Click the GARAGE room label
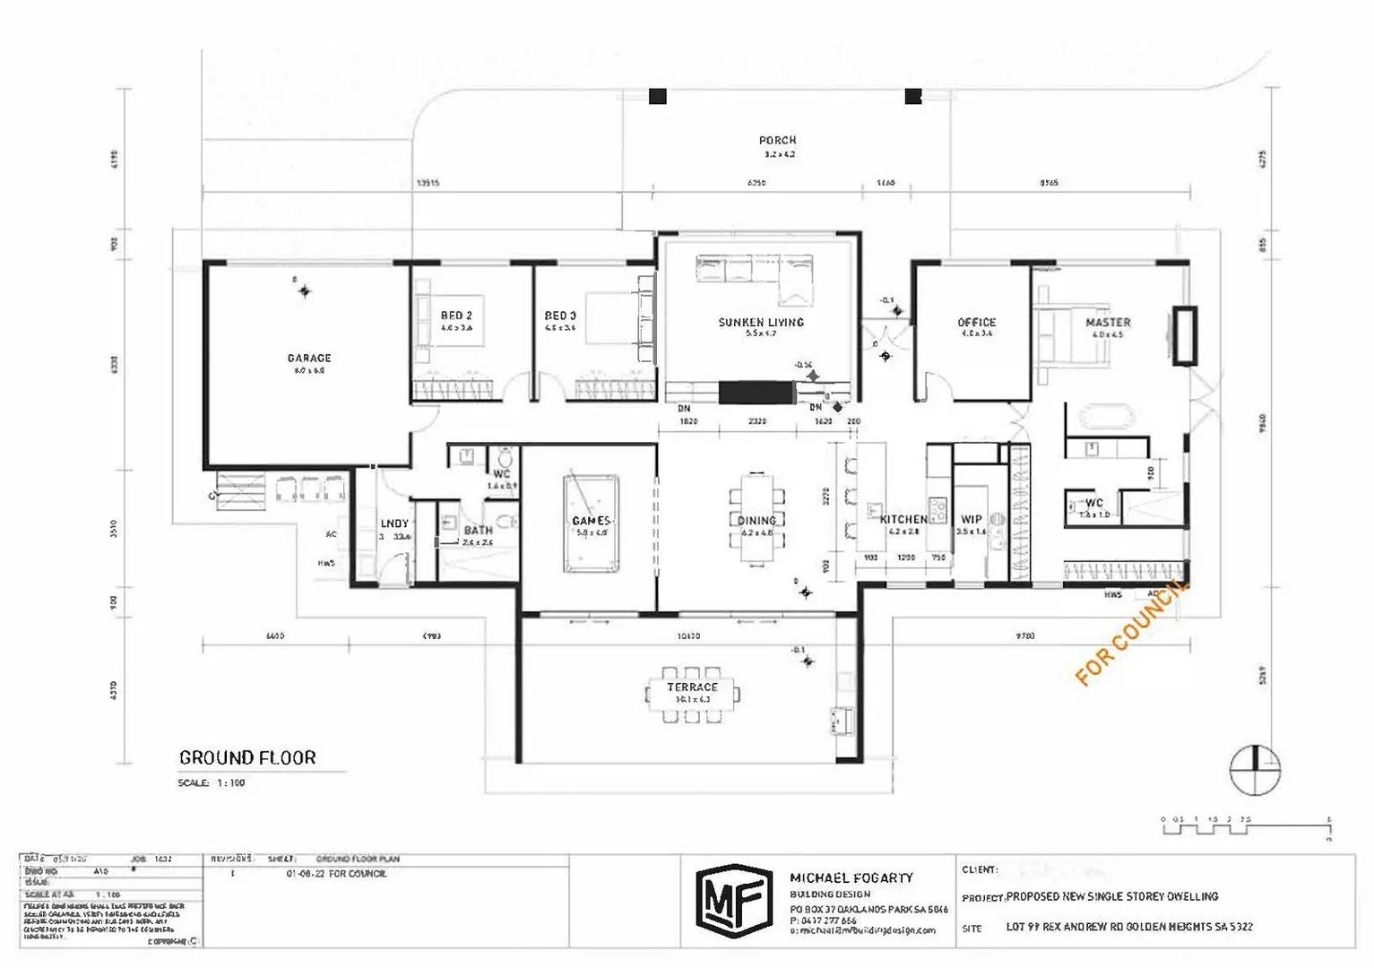(x=309, y=358)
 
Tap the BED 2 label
(x=456, y=315)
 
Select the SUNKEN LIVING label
(x=761, y=323)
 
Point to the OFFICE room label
(x=976, y=323)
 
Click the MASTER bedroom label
(x=1108, y=323)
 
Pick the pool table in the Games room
(x=591, y=523)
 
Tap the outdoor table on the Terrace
(x=692, y=693)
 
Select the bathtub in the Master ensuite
(x=1108, y=417)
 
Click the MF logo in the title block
(x=734, y=900)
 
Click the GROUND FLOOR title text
(x=247, y=758)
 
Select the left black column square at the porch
(x=658, y=96)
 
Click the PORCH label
(x=777, y=141)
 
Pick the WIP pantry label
(x=972, y=519)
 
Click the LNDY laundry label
(x=394, y=523)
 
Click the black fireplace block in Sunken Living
(x=756, y=393)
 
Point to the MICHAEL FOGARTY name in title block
(x=851, y=878)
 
